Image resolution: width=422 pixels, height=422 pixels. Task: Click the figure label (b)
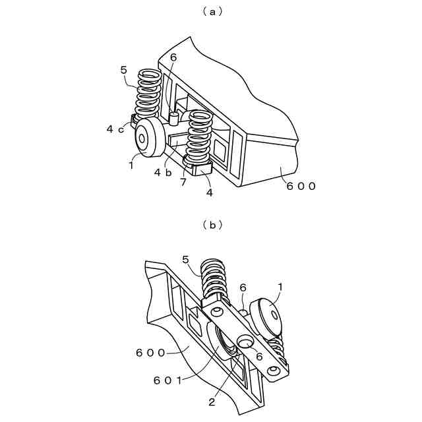(211, 225)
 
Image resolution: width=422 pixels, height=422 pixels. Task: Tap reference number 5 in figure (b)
(185, 260)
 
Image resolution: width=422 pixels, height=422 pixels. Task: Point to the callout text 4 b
(163, 172)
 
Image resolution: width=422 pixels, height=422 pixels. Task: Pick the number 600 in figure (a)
(301, 186)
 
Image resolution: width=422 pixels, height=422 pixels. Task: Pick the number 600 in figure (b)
(150, 352)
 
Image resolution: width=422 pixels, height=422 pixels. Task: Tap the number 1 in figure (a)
(131, 166)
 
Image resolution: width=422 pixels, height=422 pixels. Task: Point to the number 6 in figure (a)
(173, 57)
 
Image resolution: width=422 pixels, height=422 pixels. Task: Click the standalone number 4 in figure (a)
(209, 193)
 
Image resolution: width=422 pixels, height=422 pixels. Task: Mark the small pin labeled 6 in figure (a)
(173, 118)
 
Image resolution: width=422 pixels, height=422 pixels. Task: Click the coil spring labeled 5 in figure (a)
(148, 92)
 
